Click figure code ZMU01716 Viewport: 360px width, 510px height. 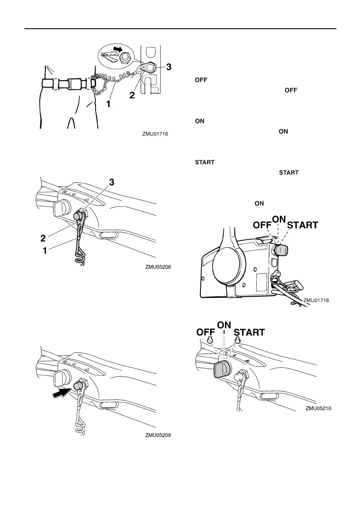(156, 134)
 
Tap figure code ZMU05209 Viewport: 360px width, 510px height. (158, 435)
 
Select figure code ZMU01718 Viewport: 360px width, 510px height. (316, 300)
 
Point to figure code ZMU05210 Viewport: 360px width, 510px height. (319, 409)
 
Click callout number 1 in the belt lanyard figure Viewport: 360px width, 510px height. (108, 103)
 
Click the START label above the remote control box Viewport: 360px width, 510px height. (302, 225)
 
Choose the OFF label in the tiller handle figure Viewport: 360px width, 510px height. (206, 332)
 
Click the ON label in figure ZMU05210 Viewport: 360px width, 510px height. (224, 325)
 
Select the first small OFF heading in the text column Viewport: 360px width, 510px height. (199, 80)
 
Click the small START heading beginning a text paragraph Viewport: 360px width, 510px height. (205, 162)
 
